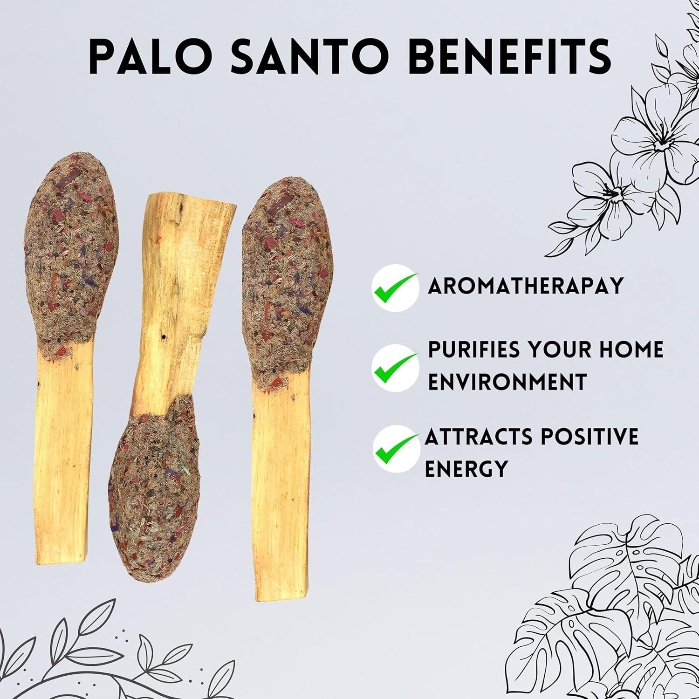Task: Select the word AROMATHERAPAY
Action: pyautogui.click(x=526, y=286)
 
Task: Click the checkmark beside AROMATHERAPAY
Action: pyautogui.click(x=394, y=286)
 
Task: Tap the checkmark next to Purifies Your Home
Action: pyautogui.click(x=394, y=366)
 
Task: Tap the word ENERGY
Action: pyautogui.click(x=466, y=468)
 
